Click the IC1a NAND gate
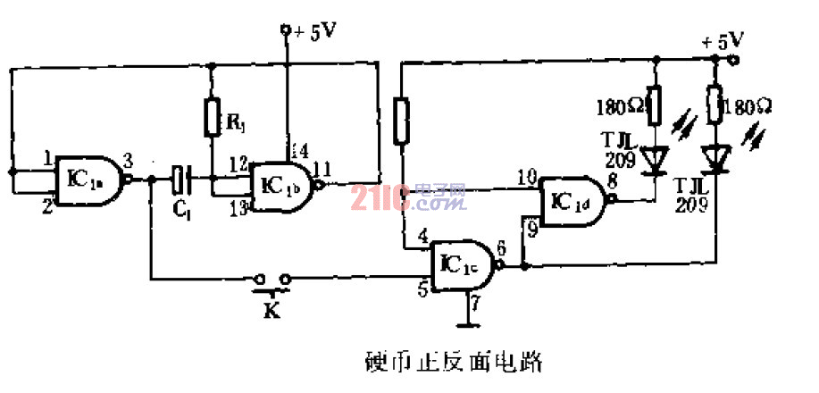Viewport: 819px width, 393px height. click(89, 178)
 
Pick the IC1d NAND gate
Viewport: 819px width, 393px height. click(572, 201)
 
